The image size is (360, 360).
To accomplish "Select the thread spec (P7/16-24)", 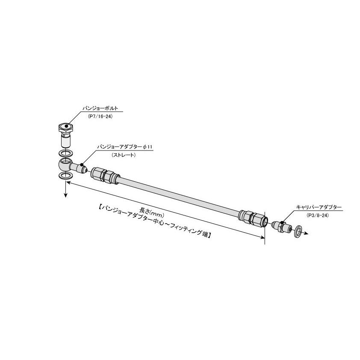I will tap(100, 116).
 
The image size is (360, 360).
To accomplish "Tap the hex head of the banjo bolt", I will tap(65, 127).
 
